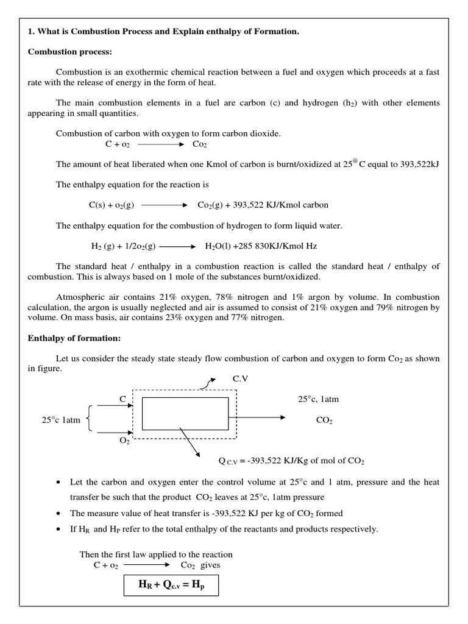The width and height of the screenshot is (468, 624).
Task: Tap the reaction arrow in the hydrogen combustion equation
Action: (x=177, y=247)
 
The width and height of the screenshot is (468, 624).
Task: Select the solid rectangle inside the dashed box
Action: (x=185, y=413)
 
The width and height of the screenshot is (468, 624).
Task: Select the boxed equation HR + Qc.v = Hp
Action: (x=171, y=587)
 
